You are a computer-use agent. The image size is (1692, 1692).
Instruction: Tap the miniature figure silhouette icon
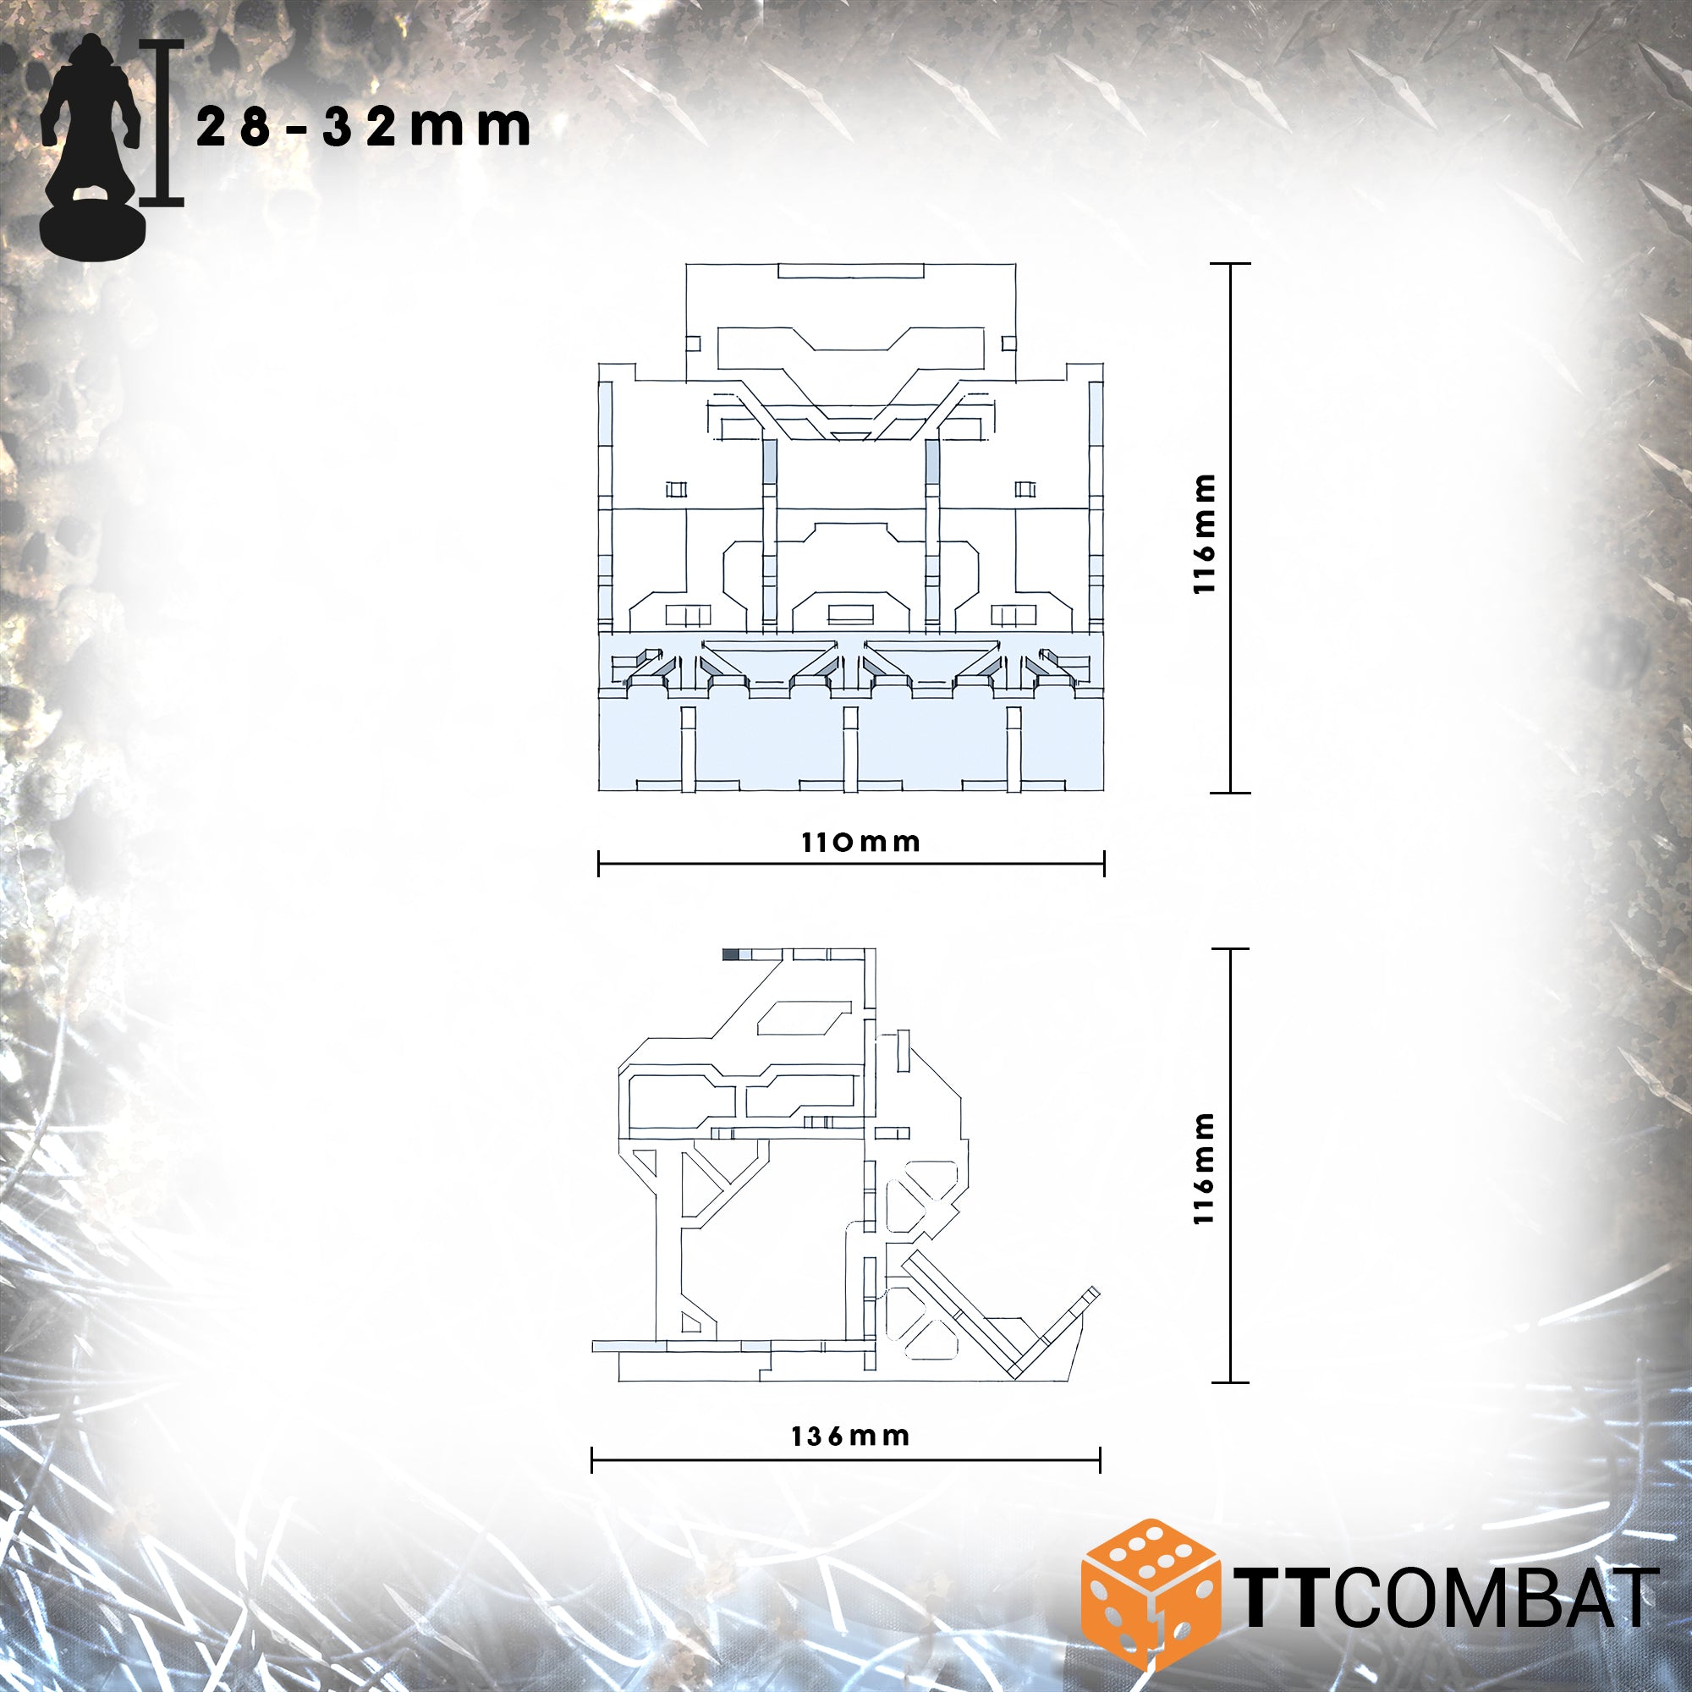91,146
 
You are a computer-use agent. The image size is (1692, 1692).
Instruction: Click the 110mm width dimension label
861,843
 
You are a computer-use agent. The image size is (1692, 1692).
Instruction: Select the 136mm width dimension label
850,1437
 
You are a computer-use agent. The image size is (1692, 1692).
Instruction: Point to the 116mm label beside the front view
1205,534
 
